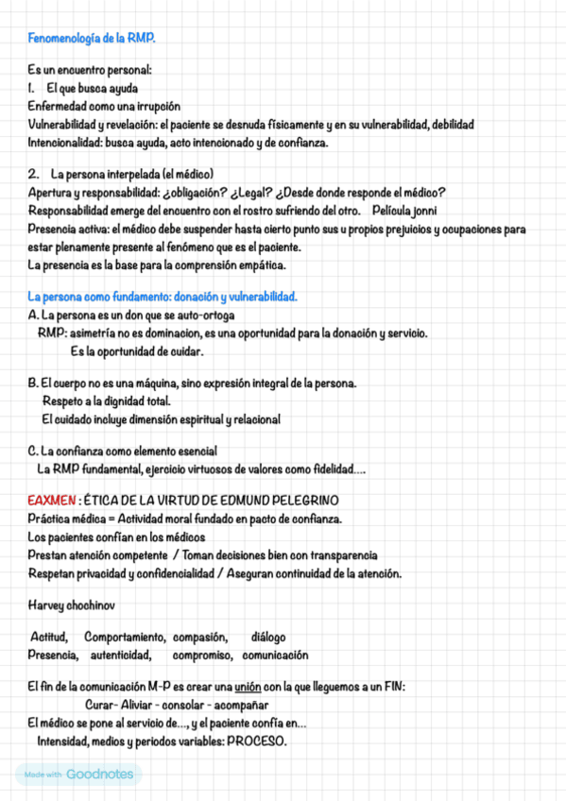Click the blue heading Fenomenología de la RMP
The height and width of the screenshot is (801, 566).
[x=92, y=38]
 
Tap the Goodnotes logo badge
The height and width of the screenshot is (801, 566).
[x=78, y=775]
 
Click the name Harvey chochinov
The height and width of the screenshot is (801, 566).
[x=70, y=603]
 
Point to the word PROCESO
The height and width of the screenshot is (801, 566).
[x=254, y=741]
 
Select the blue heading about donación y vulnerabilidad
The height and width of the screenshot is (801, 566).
[x=163, y=297]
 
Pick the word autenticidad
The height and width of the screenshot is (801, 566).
[x=121, y=655]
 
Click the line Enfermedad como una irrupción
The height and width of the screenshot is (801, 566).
[x=104, y=106]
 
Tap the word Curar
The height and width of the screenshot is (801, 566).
[x=100, y=705]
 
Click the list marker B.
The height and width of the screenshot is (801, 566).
[x=33, y=383]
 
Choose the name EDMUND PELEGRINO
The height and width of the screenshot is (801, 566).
[x=276, y=499]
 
